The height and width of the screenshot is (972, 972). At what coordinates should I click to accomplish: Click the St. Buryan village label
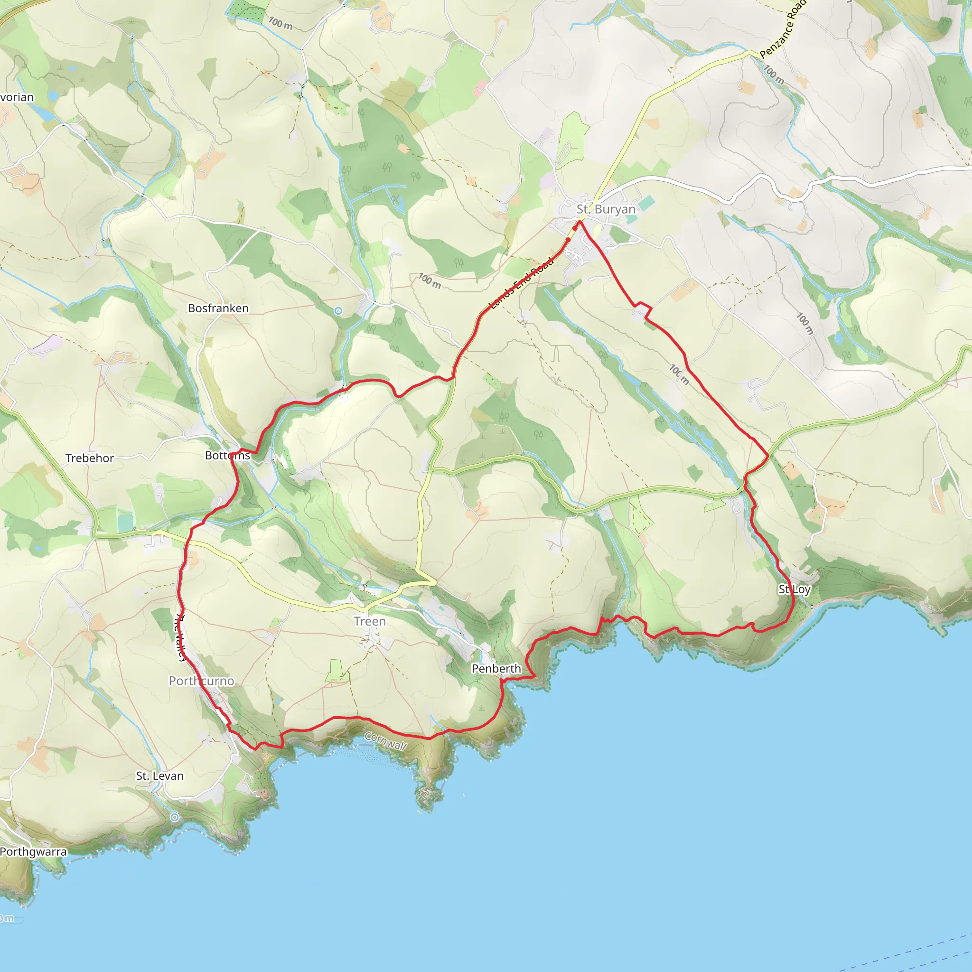[606, 209]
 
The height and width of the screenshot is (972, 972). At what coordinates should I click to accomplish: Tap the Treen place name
[370, 621]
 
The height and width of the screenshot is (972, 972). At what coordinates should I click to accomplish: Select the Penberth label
[496, 669]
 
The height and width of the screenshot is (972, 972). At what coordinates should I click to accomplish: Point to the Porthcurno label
[201, 681]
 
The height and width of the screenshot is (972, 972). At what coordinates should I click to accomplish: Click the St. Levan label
[159, 776]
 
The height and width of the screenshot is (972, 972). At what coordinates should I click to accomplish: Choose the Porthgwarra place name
[33, 852]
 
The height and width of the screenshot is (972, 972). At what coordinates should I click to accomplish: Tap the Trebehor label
[90, 458]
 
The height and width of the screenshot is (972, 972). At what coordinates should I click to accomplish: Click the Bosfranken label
[218, 308]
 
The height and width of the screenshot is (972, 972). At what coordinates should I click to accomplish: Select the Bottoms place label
[227, 455]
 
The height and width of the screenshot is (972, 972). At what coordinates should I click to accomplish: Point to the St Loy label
[794, 589]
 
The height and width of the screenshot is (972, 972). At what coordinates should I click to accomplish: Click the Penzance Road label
[783, 29]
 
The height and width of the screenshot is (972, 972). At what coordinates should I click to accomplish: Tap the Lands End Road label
[522, 282]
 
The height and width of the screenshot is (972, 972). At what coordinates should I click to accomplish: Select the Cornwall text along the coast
[386, 741]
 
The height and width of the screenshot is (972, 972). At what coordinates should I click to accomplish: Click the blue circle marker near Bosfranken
[338, 311]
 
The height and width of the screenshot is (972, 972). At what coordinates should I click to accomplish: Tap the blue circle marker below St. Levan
[175, 818]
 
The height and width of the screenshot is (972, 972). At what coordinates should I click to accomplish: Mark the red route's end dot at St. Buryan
[575, 228]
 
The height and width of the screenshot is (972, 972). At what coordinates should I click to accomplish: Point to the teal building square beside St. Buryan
[646, 203]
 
